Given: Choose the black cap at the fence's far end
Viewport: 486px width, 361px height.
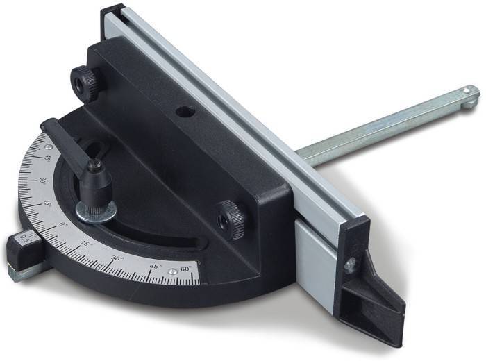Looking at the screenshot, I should (x=112, y=12).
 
